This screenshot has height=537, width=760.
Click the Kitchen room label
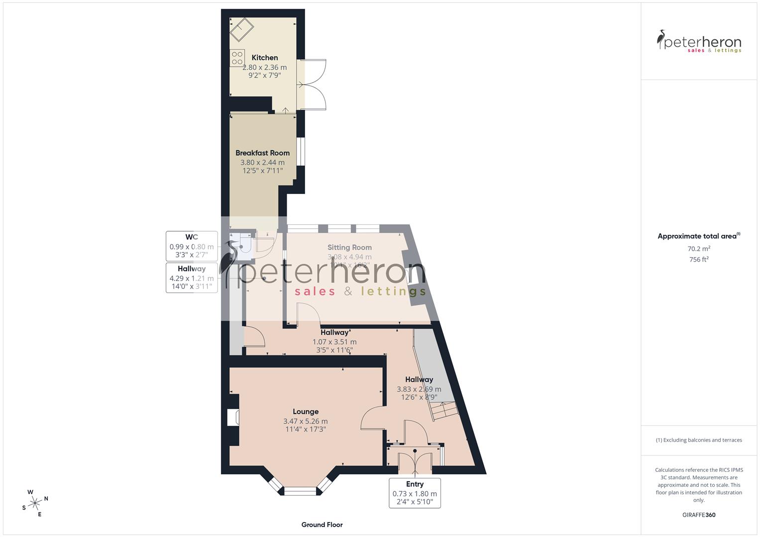point(264,58)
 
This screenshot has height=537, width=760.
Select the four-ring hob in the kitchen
point(237,58)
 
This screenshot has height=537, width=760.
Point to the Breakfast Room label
point(262,153)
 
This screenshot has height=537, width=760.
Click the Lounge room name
point(305,412)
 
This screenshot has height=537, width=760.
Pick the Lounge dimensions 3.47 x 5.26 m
point(305,421)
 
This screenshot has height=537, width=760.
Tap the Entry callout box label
point(415,484)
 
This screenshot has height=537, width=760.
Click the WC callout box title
point(192,237)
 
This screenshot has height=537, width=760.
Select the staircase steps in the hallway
point(443,410)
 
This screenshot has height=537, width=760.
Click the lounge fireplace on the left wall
point(233,418)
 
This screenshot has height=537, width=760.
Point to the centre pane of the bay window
point(300,491)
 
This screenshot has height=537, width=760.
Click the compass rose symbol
point(35,503)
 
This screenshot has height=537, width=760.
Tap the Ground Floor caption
point(322,525)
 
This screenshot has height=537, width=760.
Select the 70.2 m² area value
point(699,249)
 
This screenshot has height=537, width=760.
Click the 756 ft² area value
point(699,260)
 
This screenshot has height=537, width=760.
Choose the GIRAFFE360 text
point(699,515)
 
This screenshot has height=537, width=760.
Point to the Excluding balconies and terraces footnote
point(699,440)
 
